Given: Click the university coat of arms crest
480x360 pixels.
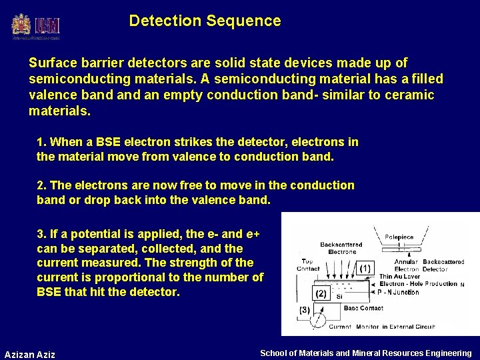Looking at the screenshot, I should pyautogui.click(x=21, y=25).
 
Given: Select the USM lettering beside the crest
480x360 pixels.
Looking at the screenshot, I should pyautogui.click(x=49, y=25).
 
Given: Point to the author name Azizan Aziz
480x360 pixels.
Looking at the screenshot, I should pyautogui.click(x=30, y=354).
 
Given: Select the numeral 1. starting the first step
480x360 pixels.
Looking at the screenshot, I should pyautogui.click(x=41, y=142).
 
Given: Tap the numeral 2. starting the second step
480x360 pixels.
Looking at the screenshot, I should pyautogui.click(x=41, y=185).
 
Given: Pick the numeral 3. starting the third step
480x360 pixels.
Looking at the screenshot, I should pyautogui.click(x=41, y=234).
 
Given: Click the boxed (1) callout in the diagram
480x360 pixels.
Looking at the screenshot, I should pyautogui.click(x=365, y=269).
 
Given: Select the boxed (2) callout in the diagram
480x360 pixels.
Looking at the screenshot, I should pyautogui.click(x=321, y=293).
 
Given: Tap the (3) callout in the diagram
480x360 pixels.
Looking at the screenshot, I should pyautogui.click(x=304, y=309).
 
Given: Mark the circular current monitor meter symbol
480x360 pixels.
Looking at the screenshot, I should pyautogui.click(x=319, y=323).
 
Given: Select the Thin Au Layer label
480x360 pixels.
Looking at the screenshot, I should pyautogui.click(x=400, y=277).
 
